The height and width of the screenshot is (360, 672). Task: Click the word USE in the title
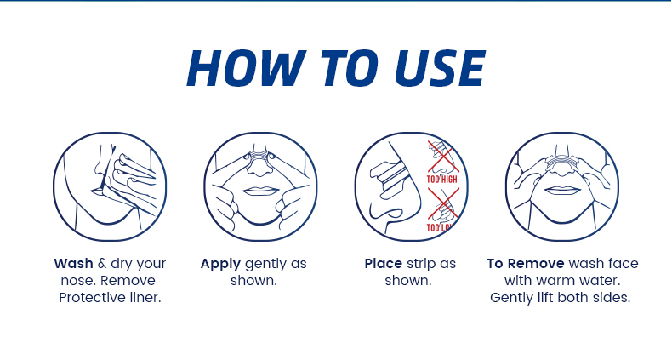coord(440,69)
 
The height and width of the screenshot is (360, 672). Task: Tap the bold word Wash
coord(73,264)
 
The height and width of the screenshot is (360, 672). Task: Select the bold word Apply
coord(220,265)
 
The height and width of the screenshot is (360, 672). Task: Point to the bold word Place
coord(383,264)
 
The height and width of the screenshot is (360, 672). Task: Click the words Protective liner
coord(110,297)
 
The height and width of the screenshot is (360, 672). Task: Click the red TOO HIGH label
coord(441,179)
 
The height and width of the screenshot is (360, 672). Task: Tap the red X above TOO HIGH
coord(442,156)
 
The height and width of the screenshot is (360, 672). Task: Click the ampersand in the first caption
coord(101,264)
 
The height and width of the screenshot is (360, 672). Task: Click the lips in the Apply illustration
coord(260,191)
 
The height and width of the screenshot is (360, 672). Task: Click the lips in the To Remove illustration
coord(562,191)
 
